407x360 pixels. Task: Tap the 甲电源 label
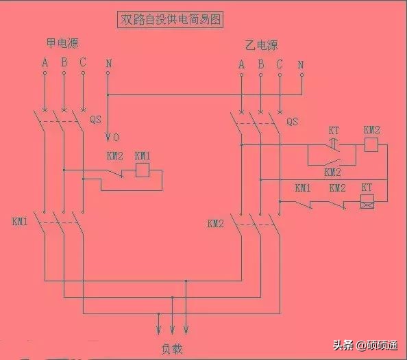click(x=62, y=43)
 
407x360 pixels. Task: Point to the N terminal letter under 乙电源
click(x=301, y=65)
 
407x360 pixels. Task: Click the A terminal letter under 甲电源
click(x=45, y=64)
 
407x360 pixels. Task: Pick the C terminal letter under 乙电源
click(x=280, y=65)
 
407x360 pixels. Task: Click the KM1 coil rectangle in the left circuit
click(x=143, y=170)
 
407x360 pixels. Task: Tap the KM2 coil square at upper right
click(x=371, y=145)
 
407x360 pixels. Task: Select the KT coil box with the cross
click(x=367, y=203)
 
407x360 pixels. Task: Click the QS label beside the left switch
click(x=96, y=119)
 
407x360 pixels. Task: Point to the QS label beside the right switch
click(x=292, y=122)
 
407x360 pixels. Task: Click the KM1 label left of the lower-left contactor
click(x=19, y=222)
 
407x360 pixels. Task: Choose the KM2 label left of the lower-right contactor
click(x=216, y=224)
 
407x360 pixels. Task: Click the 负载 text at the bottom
click(x=172, y=348)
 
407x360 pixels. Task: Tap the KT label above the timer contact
click(x=334, y=129)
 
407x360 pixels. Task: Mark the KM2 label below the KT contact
click(x=332, y=172)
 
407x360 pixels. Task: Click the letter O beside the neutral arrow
click(x=116, y=136)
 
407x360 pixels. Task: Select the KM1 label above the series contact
click(x=303, y=188)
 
